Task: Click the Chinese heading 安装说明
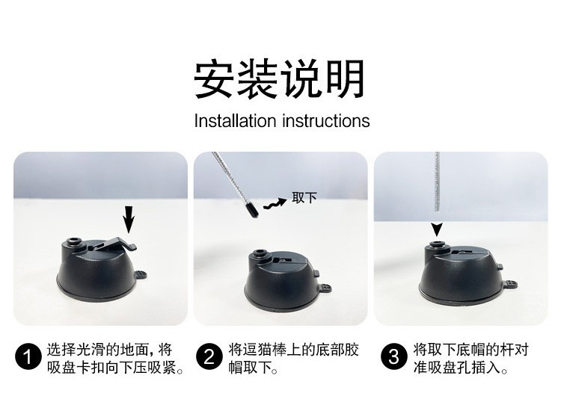tap(280, 79)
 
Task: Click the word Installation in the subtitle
tap(235, 121)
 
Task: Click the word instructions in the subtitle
tap(326, 121)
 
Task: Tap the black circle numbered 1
tap(28, 356)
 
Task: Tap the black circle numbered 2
tap(209, 356)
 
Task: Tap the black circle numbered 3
tap(394, 356)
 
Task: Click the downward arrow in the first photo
tap(129, 220)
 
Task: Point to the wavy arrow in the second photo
tap(275, 204)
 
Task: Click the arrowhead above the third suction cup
tap(437, 229)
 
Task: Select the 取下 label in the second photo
tap(304, 198)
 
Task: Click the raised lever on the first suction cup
tap(114, 244)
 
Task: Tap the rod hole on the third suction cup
tap(437, 244)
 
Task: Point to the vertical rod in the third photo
tap(437, 182)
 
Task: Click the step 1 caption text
tap(115, 358)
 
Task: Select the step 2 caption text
tap(293, 358)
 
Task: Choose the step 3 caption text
tap(471, 358)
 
